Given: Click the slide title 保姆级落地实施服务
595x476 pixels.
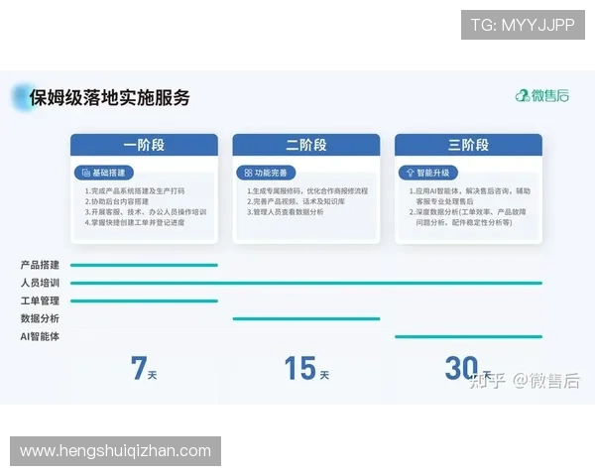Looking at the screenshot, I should (x=109, y=97).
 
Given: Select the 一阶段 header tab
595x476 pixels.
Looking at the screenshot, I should (x=144, y=145).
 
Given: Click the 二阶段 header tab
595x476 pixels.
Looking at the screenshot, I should (x=305, y=145).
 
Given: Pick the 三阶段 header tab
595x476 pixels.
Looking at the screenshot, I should (x=468, y=145).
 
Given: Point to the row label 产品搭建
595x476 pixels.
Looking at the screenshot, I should (x=40, y=265).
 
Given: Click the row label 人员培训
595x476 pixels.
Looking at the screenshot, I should (x=40, y=283).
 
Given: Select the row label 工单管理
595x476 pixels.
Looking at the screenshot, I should (x=40, y=300).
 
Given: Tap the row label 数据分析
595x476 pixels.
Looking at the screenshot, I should (x=40, y=318).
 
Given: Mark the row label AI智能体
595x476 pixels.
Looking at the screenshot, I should (x=40, y=336).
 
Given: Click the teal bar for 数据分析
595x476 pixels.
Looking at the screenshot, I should (x=305, y=318).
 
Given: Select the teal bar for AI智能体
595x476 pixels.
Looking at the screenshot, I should (x=468, y=336).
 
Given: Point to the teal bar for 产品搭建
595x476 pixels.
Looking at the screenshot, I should (x=144, y=265).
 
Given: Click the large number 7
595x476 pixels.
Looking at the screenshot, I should (x=138, y=368).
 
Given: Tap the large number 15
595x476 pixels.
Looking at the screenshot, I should (x=299, y=368).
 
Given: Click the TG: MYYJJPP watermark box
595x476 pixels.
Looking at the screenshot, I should (x=523, y=24).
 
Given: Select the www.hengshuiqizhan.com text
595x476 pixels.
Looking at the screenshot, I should (x=115, y=451).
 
